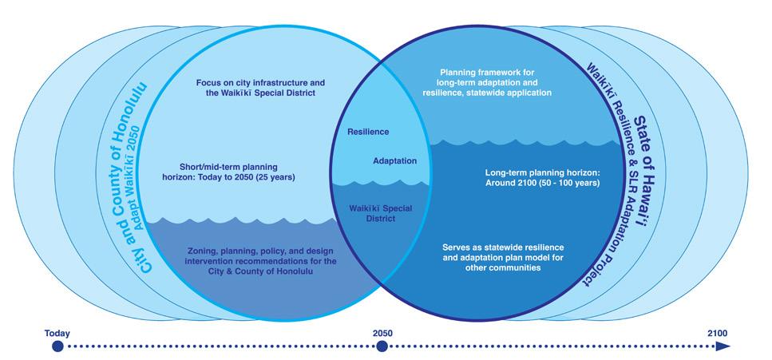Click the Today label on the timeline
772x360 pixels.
pos(57,333)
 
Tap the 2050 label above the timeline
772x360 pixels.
pos(382,333)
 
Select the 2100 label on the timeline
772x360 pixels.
pos(718,333)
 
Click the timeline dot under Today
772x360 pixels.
pos(57,346)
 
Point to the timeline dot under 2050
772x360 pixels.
pos(382,346)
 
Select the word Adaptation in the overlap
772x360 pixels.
pos(394,160)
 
